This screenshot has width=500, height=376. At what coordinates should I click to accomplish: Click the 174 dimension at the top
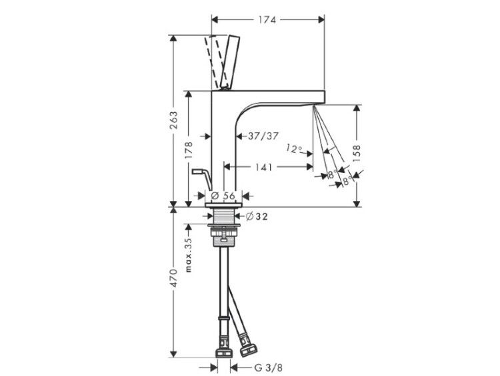click(267, 20)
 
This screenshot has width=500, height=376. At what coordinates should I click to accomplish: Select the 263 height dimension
click(173, 120)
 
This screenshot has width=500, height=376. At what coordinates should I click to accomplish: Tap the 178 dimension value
click(189, 150)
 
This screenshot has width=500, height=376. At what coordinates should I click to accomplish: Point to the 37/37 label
click(263, 136)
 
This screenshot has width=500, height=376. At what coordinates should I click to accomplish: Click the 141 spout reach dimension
click(263, 167)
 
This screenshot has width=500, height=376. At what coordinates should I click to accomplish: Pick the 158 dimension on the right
click(357, 153)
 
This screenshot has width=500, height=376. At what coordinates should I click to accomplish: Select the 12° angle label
click(294, 148)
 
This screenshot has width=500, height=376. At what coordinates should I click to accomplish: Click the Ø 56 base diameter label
click(223, 196)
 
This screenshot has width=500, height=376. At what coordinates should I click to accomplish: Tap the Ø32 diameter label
click(257, 216)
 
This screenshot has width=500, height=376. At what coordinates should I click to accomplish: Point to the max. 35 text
click(189, 255)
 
